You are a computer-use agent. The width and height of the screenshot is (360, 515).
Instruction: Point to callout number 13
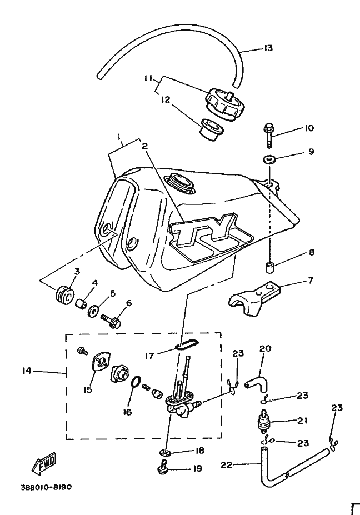(268, 48)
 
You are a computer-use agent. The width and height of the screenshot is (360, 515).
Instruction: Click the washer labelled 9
(269, 159)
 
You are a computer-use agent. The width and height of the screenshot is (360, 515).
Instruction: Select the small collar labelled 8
(270, 267)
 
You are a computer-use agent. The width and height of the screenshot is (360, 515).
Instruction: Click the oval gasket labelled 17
(186, 344)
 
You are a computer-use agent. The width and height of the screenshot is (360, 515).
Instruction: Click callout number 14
(27, 371)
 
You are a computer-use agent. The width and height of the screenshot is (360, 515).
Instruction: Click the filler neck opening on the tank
(179, 181)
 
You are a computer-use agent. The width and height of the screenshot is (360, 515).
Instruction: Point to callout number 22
(227, 465)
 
